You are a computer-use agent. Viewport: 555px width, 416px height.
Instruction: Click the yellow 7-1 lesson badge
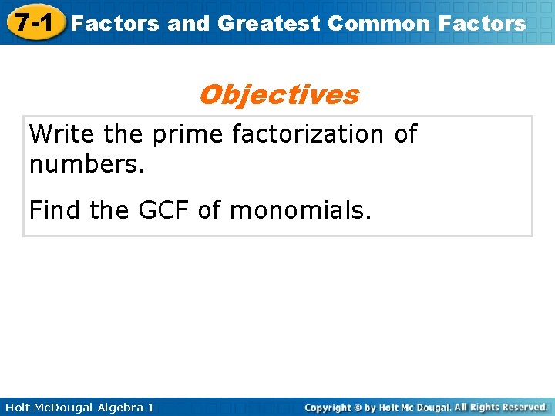coord(32,22)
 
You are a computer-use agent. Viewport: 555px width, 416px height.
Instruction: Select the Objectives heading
coord(278,95)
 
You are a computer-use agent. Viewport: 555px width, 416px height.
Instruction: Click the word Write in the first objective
coord(62,134)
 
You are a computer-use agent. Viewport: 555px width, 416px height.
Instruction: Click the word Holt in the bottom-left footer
coord(18,407)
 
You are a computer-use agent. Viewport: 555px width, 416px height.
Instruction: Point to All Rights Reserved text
coord(501,407)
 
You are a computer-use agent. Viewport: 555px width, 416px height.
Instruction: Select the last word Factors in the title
coord(482,23)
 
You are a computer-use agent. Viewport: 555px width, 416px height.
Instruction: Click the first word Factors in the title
coord(115,23)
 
